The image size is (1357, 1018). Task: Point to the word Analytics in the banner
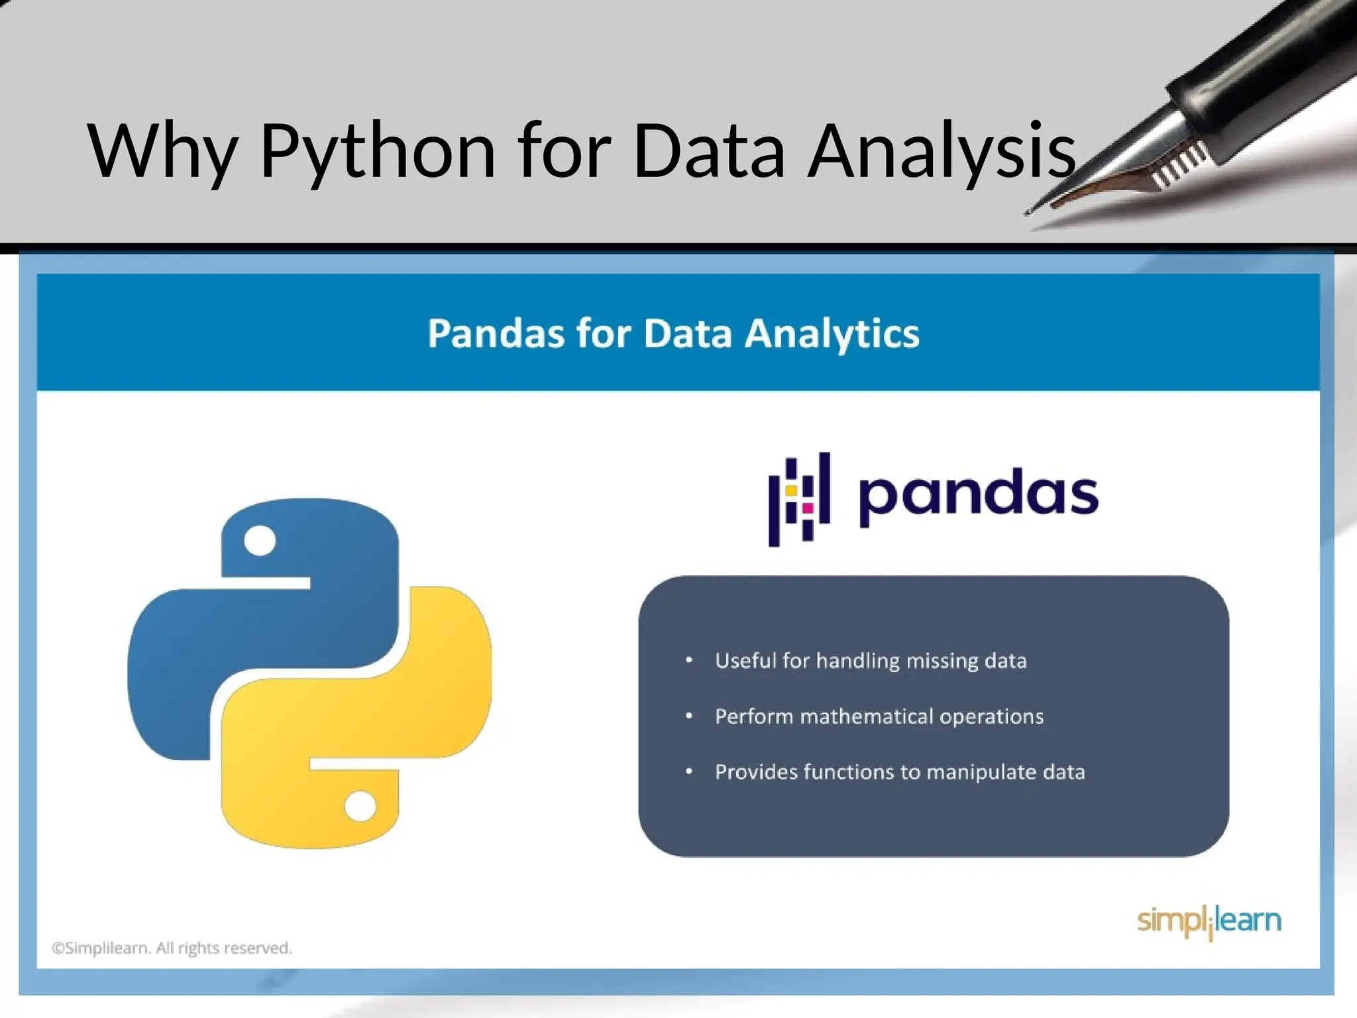click(832, 333)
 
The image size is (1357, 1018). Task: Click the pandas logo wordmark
click(979, 496)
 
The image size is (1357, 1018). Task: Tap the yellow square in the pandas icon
click(791, 490)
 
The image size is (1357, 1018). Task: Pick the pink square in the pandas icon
click(808, 508)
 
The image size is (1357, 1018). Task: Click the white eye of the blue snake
click(260, 540)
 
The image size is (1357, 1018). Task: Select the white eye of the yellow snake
click(360, 807)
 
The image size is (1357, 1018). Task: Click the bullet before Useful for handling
click(689, 661)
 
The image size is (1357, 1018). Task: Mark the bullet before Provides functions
click(689, 772)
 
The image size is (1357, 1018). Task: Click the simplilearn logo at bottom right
click(1209, 921)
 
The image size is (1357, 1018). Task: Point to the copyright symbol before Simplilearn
click(58, 948)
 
